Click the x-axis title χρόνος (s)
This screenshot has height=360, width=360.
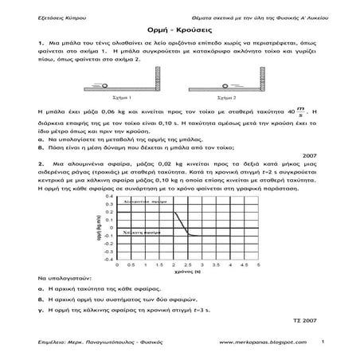pyautogui.click(x=186, y=273)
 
